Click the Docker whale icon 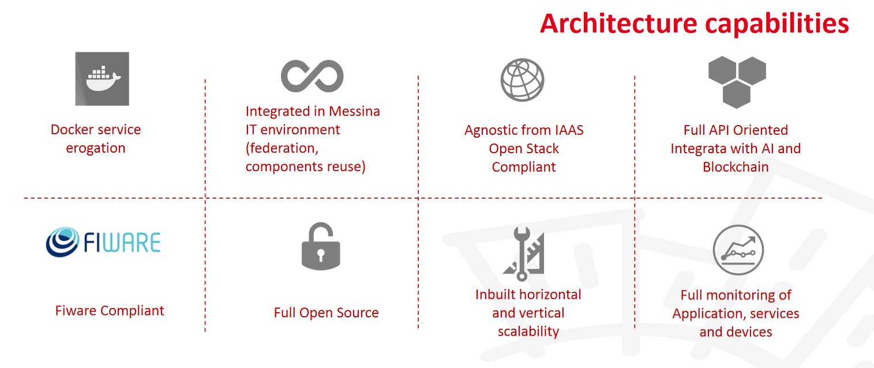click(x=102, y=79)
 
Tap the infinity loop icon click(x=312, y=76)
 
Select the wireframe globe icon click(x=523, y=80)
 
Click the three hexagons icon click(x=737, y=82)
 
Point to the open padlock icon click(x=321, y=246)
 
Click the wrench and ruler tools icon click(x=524, y=253)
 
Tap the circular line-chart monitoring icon click(x=738, y=250)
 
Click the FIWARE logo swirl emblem click(x=62, y=242)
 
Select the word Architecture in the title click(x=618, y=24)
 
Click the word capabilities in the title click(x=777, y=24)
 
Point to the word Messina click(x=354, y=111)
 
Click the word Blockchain click(x=736, y=167)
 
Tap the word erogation click(x=96, y=149)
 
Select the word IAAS click(x=566, y=130)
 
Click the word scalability click(x=528, y=331)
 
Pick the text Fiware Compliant click(x=110, y=311)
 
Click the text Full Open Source click(x=326, y=313)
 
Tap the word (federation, click(x=282, y=149)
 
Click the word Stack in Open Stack click(x=542, y=149)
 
